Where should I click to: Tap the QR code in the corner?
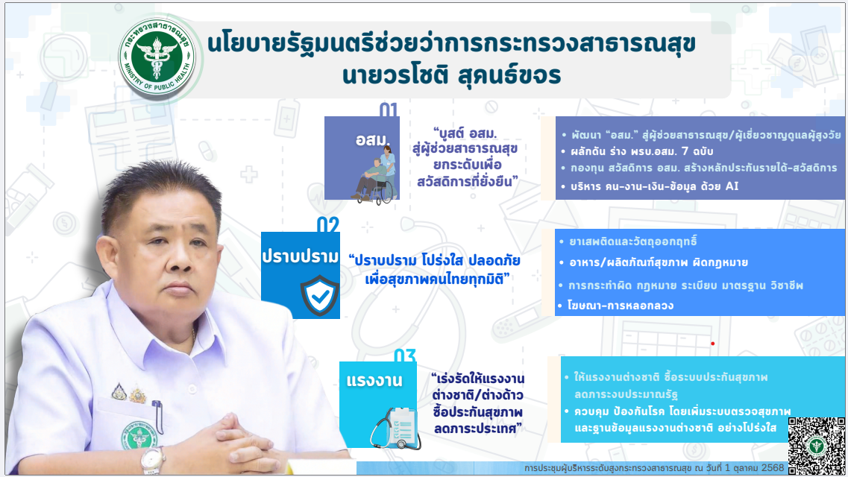pyautogui.click(x=816, y=446)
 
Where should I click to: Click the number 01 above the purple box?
pyautogui.click(x=389, y=110)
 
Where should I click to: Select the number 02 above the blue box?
pyautogui.click(x=327, y=225)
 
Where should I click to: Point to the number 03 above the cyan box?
pyautogui.click(x=405, y=356)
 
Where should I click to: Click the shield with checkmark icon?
pyautogui.click(x=320, y=295)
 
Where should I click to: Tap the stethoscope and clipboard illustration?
pyautogui.click(x=395, y=428)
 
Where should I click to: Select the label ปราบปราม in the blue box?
pyautogui.click(x=301, y=256)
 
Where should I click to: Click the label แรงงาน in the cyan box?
pyautogui.click(x=374, y=381)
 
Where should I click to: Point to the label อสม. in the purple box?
pyautogui.click(x=373, y=139)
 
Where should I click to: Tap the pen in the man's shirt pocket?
pyautogui.click(x=157, y=415)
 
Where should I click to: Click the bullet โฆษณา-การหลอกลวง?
pyautogui.click(x=616, y=306)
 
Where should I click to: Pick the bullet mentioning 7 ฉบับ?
pyautogui.click(x=638, y=151)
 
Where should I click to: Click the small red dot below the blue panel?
pyautogui.click(x=713, y=344)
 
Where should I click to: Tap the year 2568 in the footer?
pyautogui.click(x=771, y=468)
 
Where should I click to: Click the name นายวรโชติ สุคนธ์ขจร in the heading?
pyautogui.click(x=451, y=75)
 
